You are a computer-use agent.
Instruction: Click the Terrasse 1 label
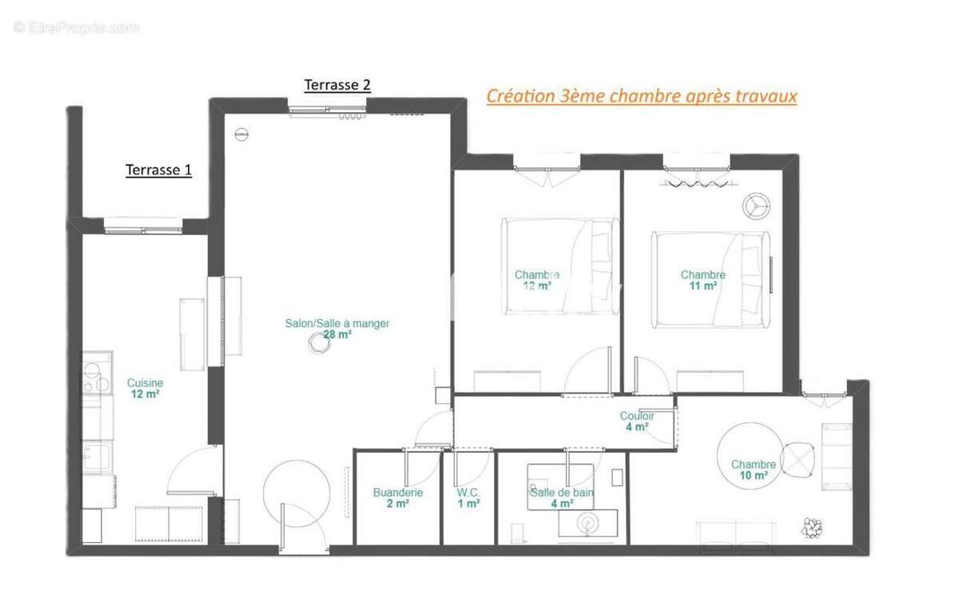pyautogui.click(x=158, y=170)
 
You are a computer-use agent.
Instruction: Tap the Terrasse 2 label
pyautogui.click(x=337, y=85)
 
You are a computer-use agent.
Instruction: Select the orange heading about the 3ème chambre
pyautogui.click(x=642, y=97)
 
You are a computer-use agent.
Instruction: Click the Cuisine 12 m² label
pyautogui.click(x=145, y=389)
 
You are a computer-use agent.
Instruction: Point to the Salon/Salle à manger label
pyautogui.click(x=337, y=329)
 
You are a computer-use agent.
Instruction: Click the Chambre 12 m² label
pyautogui.click(x=536, y=280)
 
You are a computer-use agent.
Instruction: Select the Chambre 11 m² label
pyautogui.click(x=702, y=280)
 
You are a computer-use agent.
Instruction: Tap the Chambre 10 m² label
pyautogui.click(x=753, y=469)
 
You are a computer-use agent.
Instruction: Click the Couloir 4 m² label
pyautogui.click(x=637, y=421)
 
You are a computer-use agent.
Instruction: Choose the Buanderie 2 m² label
pyautogui.click(x=397, y=498)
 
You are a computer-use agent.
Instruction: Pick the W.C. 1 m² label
pyautogui.click(x=468, y=498)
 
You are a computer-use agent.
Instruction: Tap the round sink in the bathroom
pyautogui.click(x=587, y=522)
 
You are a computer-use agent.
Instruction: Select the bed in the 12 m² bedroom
pyautogui.click(x=559, y=266)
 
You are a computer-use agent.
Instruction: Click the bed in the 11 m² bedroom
pyautogui.click(x=710, y=280)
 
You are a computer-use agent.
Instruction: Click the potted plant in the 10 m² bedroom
pyautogui.click(x=814, y=528)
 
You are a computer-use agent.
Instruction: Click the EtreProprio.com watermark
pyautogui.click(x=77, y=28)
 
